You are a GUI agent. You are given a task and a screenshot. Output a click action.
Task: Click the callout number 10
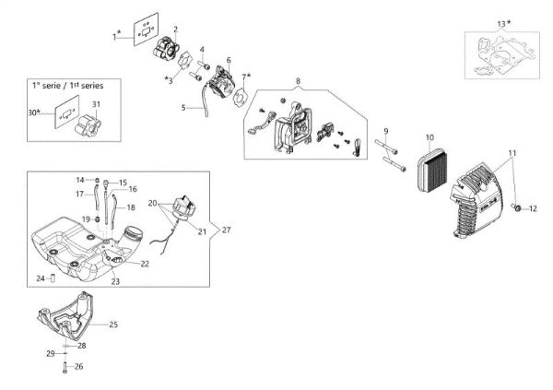click(x=429, y=137)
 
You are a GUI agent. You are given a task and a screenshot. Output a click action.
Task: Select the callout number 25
click(x=114, y=324)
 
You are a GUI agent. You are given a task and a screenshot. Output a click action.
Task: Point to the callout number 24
click(x=40, y=278)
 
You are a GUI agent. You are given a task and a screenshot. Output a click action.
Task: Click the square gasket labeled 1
click(x=145, y=28)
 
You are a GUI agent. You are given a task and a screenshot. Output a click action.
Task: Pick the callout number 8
click(x=298, y=82)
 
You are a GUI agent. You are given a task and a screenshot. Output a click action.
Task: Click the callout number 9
click(x=386, y=131)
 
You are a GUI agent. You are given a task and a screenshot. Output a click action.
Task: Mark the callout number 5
click(x=183, y=108)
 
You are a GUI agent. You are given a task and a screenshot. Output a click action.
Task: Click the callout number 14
click(x=80, y=179)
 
